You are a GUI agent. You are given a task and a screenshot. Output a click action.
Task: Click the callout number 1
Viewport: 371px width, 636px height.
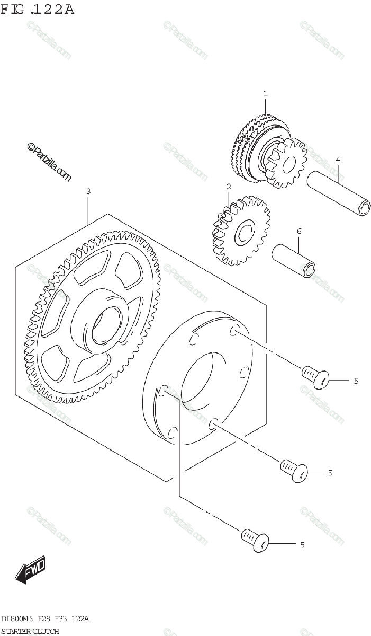click(x=265, y=94)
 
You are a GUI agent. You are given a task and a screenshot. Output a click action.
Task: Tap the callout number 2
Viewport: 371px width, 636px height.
click(x=229, y=187)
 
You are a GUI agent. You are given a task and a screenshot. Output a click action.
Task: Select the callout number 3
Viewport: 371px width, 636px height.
click(x=88, y=191)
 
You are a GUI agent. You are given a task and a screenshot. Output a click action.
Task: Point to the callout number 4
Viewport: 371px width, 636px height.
click(x=338, y=160)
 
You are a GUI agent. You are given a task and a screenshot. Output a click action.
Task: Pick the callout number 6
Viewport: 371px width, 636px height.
click(x=300, y=231)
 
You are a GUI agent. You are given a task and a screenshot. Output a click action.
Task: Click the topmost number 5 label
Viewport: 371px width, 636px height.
click(x=356, y=381)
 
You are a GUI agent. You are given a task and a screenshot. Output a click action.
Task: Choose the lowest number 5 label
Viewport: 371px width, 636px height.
click(x=302, y=545)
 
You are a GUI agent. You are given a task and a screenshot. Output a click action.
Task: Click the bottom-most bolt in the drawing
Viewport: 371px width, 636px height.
click(x=255, y=540)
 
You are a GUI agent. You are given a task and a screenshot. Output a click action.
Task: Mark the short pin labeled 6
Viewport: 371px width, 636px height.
click(x=294, y=261)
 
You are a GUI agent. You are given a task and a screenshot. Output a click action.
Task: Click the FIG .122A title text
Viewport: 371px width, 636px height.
click(x=38, y=10)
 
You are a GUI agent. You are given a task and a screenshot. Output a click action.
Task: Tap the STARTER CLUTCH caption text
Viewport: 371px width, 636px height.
click(x=30, y=631)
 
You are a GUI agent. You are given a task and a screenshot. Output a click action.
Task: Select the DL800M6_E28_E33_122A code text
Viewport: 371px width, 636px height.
click(x=45, y=619)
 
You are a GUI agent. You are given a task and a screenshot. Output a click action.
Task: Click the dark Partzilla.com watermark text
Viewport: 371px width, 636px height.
click(x=49, y=162)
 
